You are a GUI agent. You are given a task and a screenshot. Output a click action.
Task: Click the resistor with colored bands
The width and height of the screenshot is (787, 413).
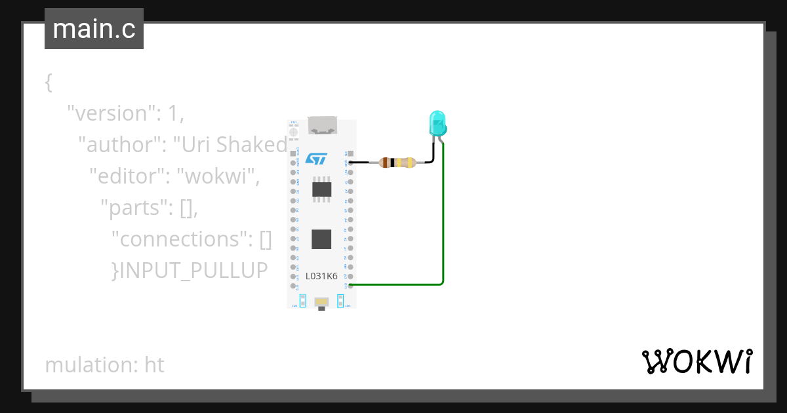397,163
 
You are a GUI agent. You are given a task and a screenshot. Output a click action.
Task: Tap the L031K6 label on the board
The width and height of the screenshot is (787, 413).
321,276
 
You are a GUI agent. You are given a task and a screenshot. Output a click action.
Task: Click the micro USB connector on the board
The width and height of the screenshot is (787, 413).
321,126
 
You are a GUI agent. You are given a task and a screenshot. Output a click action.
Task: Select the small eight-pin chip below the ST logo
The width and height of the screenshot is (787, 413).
321,189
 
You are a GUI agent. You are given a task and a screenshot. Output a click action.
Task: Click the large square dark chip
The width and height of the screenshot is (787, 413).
321,239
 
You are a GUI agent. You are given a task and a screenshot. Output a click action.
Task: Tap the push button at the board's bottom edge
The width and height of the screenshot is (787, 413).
321,302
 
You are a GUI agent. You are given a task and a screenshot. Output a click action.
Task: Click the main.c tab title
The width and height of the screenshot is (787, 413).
94,29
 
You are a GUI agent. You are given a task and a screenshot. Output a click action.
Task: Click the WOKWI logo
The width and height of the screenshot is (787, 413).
696,362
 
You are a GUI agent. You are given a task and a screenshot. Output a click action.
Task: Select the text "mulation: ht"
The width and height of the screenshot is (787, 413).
104,364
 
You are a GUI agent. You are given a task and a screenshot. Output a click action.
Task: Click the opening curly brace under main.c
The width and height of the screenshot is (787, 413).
49,83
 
